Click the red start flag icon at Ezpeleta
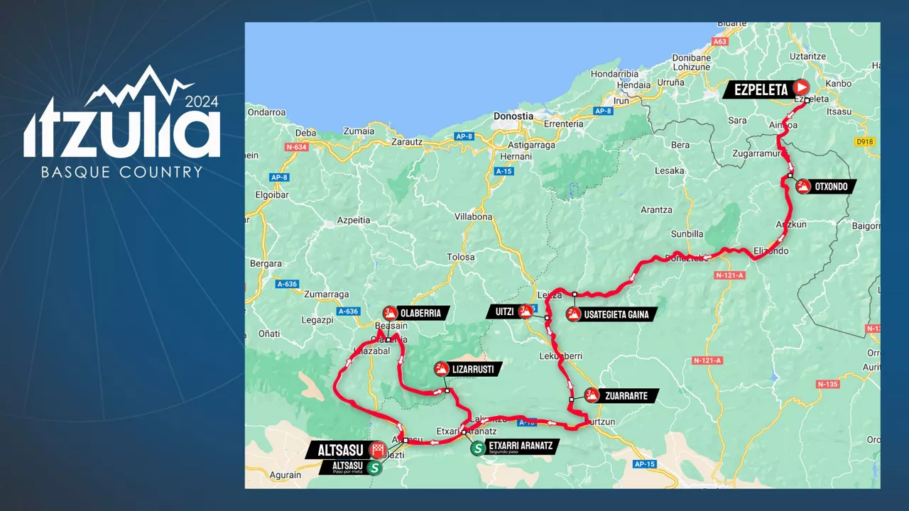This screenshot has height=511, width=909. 801,87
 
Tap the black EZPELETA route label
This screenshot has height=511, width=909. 757,90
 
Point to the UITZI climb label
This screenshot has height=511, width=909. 501,312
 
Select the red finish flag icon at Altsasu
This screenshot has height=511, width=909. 378,449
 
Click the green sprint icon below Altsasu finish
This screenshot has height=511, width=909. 374,468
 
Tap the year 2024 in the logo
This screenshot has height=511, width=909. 202,101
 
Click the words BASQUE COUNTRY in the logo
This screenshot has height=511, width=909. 121,172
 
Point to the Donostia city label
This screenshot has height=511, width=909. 513,116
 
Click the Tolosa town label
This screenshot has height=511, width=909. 460,257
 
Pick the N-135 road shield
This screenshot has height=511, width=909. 827,384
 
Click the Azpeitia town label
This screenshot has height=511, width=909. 353,220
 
